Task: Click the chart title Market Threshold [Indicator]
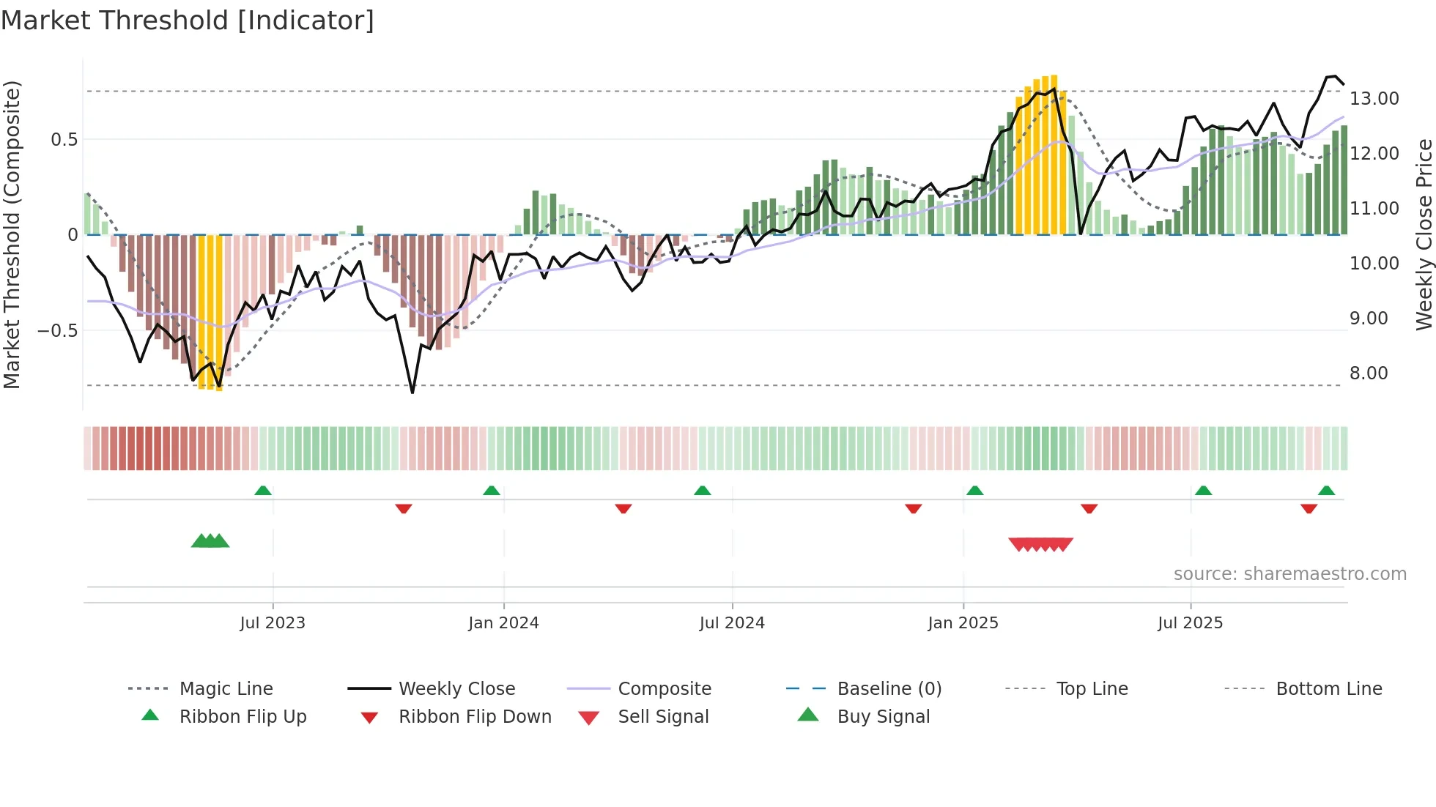(188, 21)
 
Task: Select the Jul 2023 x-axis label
(273, 623)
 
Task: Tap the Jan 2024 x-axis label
(503, 623)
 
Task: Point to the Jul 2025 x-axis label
(1190, 623)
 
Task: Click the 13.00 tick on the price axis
(1374, 99)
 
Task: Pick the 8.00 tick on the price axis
(1369, 373)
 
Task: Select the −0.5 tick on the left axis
(57, 331)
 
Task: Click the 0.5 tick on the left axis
(64, 140)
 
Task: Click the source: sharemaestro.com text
(1289, 574)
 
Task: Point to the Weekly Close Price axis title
(1424, 234)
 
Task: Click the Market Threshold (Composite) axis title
(12, 234)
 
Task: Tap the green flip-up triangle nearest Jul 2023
(263, 490)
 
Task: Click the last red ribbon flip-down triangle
(1309, 509)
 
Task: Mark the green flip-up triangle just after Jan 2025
(974, 490)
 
